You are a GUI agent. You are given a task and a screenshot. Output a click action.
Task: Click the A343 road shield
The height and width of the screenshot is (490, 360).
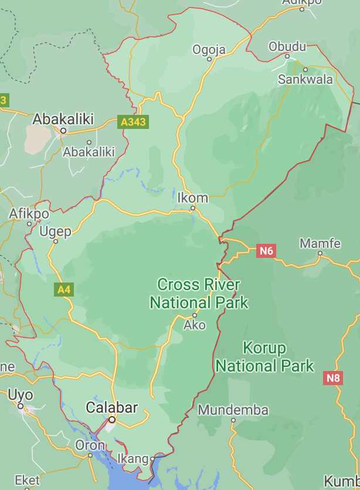click(x=133, y=122)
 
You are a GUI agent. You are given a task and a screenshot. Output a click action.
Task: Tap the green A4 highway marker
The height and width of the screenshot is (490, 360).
click(x=64, y=289)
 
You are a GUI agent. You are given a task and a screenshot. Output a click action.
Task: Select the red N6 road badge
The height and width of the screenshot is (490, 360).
click(x=266, y=251)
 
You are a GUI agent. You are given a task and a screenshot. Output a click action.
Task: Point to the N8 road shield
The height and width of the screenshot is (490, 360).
click(x=333, y=378)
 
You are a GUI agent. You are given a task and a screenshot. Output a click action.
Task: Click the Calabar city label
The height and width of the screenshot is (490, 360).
click(x=112, y=407)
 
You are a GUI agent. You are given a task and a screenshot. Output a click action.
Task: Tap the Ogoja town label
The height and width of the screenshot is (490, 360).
click(x=209, y=50)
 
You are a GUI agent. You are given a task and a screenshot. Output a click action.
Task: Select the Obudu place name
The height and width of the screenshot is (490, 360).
click(x=287, y=46)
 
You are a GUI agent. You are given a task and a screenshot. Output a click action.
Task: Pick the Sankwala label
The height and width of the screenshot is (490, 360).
click(x=305, y=79)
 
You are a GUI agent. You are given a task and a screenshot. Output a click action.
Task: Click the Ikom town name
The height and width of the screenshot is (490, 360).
click(x=193, y=198)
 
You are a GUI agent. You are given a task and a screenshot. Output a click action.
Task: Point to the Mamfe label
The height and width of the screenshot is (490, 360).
click(x=320, y=243)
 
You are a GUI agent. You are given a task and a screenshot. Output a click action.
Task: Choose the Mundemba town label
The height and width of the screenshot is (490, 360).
click(x=233, y=410)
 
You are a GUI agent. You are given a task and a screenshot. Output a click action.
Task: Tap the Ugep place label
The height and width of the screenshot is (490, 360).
click(x=56, y=232)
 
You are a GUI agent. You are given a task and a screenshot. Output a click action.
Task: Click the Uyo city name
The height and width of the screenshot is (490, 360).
click(x=21, y=395)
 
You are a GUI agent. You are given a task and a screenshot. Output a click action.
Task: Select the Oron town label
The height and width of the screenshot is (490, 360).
click(x=90, y=445)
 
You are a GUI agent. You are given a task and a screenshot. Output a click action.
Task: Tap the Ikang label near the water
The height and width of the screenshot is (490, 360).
click(x=133, y=458)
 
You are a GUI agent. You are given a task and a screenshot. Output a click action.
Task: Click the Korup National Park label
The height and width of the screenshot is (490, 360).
click(x=265, y=358)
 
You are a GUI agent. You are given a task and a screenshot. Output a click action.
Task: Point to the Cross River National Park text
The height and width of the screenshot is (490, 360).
click(x=199, y=294)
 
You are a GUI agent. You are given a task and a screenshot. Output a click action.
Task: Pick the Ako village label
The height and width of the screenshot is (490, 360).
click(x=195, y=324)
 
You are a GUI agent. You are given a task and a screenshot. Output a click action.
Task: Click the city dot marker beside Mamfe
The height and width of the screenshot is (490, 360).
click(x=320, y=253)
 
